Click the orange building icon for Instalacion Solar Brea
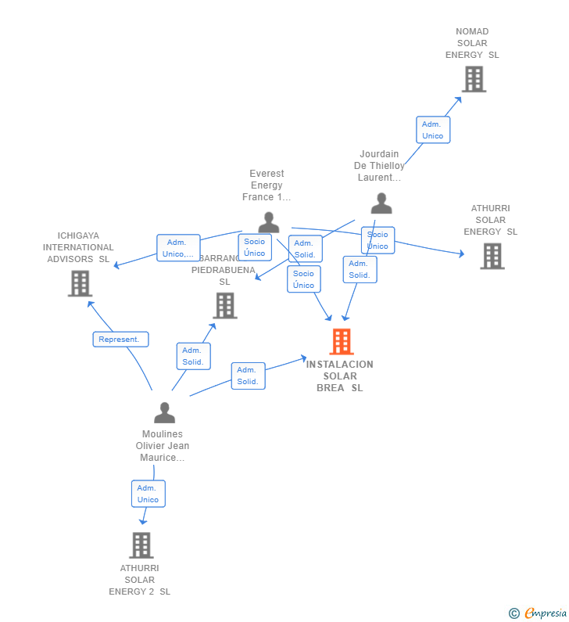pos(342,342)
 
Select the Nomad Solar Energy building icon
pos(474,79)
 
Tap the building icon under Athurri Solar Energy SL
pos(492,256)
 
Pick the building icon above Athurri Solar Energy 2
pos(141,545)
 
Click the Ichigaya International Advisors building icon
pos(80,283)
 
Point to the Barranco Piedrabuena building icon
pos(225,305)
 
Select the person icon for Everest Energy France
pos(269,222)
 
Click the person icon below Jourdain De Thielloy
pos(381,203)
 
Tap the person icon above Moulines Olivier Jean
pos(164,412)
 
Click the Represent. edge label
pos(120,340)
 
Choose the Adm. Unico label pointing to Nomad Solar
pos(432,130)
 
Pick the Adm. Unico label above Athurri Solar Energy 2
pos(148,494)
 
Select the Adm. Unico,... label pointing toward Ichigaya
pos(177,248)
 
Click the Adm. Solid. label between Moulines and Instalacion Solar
pos(248,376)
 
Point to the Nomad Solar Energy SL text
pos(472,43)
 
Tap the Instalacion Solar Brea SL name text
pos(340,376)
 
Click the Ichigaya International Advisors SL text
pos(78,247)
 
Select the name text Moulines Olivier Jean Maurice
pos(163,446)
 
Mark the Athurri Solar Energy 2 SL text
pos(139,580)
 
